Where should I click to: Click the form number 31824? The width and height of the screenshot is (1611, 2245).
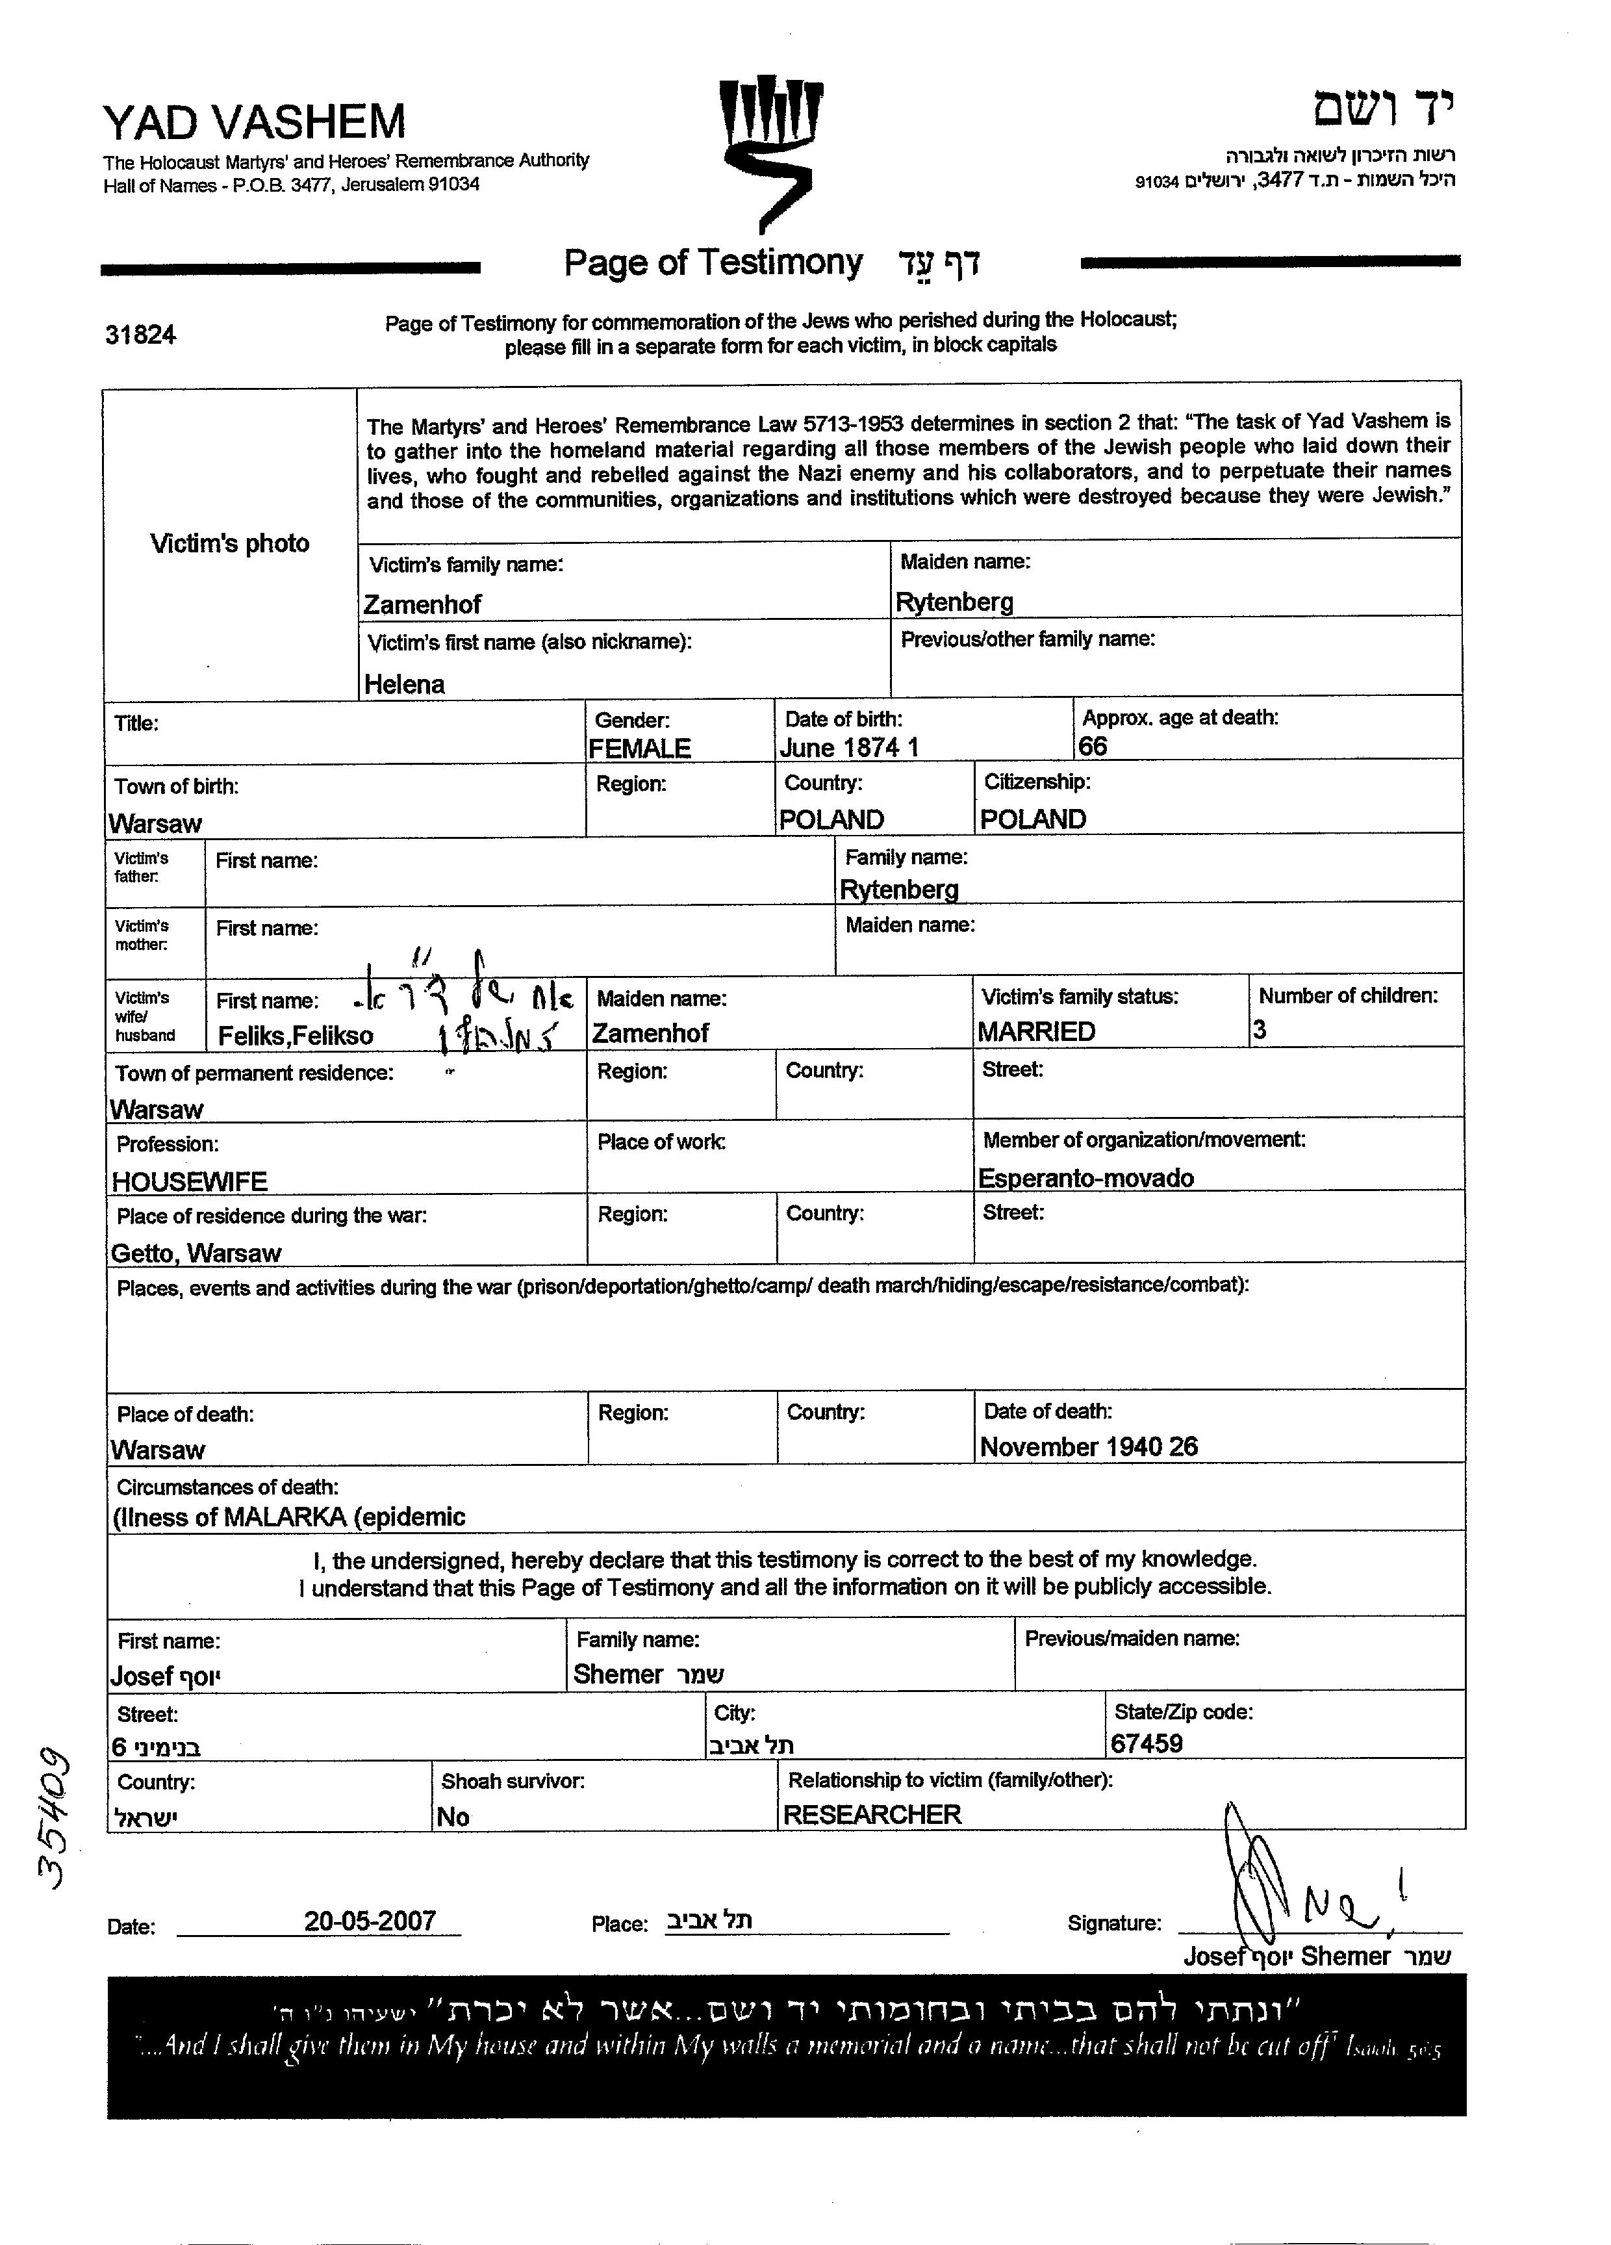coord(140,335)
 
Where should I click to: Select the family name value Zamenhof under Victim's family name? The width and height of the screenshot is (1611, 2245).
coord(422,604)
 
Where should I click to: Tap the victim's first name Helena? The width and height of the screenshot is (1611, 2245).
coord(404,684)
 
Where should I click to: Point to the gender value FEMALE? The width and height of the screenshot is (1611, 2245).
coord(639,749)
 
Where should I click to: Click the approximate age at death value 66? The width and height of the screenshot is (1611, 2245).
coord(1093,747)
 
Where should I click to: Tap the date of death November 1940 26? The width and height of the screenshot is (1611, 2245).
coord(1089,1446)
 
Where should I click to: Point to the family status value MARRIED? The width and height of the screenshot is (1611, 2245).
coord(1036,1031)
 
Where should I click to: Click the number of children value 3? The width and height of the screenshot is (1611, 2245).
coord(1260,1029)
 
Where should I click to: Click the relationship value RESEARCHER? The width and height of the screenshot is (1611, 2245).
coord(872,1814)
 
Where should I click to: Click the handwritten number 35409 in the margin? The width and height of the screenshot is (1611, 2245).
coord(51,1818)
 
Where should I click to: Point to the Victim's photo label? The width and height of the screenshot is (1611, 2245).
coord(229,543)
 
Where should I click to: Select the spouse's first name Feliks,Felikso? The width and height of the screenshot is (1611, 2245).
coord(296,1035)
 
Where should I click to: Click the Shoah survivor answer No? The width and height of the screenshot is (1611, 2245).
coord(453,1816)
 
